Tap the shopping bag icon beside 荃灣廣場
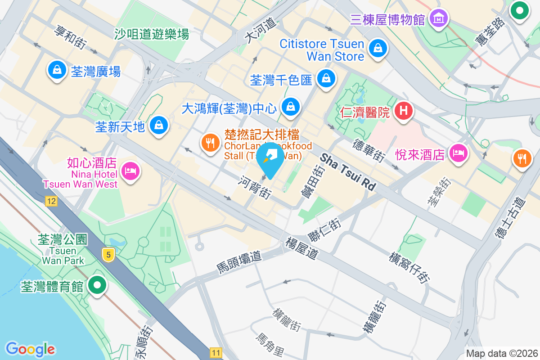[57, 70]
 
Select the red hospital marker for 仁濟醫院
[404, 110]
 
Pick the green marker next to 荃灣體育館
[97, 285]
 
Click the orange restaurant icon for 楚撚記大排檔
[210, 143]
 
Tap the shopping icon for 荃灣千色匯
[325, 78]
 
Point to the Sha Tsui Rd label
[348, 172]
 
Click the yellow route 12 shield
[51, 201]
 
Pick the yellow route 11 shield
[216, 352]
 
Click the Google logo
[30, 349]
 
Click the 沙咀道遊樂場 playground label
[152, 34]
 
